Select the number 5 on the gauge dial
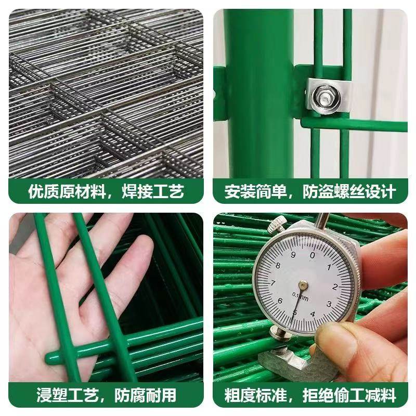click(295, 313)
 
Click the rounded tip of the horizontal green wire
click(51, 356)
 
